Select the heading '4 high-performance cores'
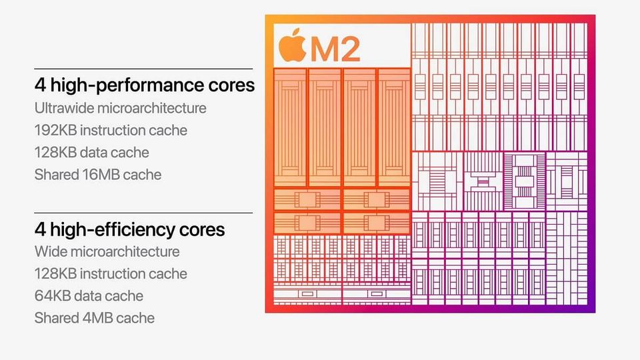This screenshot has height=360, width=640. click(x=144, y=85)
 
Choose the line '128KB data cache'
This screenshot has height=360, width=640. click(x=91, y=153)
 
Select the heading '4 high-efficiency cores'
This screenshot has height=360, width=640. click(x=129, y=229)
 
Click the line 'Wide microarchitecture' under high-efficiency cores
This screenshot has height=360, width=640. click(x=107, y=252)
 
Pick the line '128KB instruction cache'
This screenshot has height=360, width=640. click(x=111, y=274)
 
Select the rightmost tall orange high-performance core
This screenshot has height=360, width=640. click(x=393, y=127)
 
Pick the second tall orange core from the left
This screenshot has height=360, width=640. click(x=325, y=127)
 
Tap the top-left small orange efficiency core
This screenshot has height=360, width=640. click(x=307, y=199)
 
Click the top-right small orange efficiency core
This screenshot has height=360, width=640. click(x=376, y=199)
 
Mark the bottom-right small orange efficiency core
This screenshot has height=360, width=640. click(x=376, y=223)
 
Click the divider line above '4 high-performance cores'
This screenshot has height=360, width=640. click(x=143, y=69)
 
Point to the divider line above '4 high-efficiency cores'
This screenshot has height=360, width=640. click(x=143, y=213)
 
